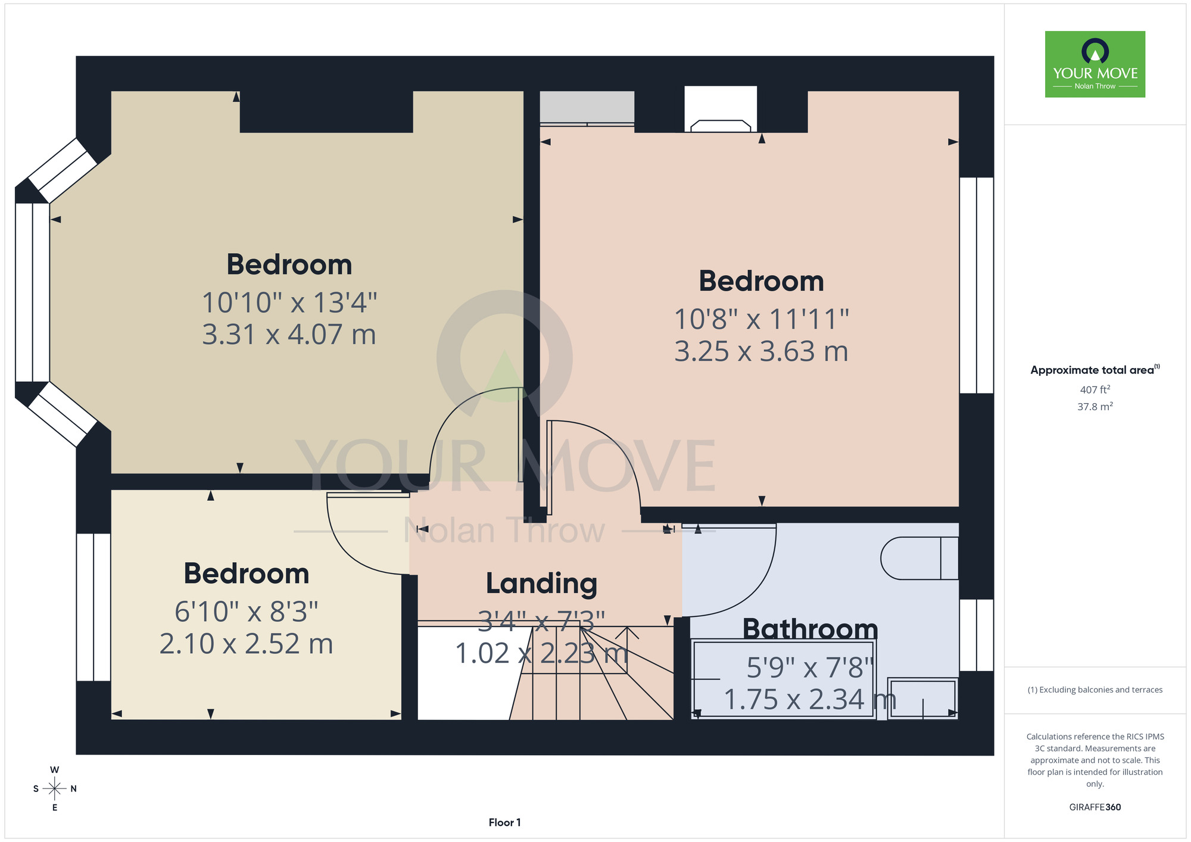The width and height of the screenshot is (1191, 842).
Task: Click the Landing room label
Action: point(541,584)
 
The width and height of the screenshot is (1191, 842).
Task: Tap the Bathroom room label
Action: point(810,629)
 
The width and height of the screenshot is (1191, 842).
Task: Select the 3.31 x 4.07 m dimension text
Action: point(289,335)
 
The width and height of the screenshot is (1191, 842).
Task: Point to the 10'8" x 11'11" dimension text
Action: point(761,319)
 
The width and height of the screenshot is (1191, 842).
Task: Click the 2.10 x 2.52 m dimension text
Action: point(246,644)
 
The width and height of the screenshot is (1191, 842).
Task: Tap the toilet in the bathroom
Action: point(919,558)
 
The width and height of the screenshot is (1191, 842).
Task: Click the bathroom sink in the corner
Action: point(922,698)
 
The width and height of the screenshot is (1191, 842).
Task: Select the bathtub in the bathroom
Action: point(783,679)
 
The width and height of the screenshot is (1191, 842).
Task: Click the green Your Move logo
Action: point(1095,64)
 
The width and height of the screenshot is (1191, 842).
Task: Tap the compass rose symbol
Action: point(55,789)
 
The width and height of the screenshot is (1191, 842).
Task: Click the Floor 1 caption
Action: point(504,822)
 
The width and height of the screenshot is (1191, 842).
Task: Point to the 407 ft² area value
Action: point(1095,389)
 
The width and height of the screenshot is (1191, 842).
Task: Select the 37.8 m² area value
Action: point(1095,407)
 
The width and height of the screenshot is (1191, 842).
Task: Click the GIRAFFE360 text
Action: point(1095,807)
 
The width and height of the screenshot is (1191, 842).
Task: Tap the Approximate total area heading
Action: point(1095,370)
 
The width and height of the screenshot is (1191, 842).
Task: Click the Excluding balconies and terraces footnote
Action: point(1095,690)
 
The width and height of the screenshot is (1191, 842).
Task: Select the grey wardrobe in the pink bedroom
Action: point(587,108)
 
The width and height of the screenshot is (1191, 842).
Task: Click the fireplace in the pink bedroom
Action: point(721,109)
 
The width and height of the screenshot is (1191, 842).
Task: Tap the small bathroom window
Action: point(977,635)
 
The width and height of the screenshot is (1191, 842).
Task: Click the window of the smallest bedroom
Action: point(93,607)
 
